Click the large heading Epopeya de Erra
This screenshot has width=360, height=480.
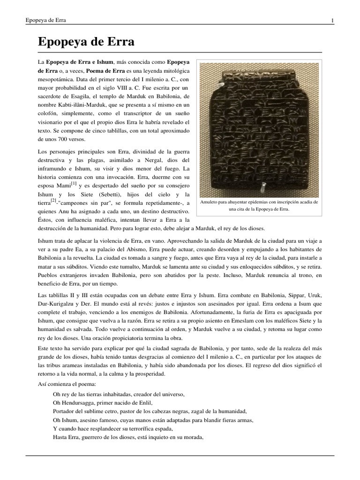[x=86, y=42]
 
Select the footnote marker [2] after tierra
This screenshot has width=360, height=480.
[x=53, y=201]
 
